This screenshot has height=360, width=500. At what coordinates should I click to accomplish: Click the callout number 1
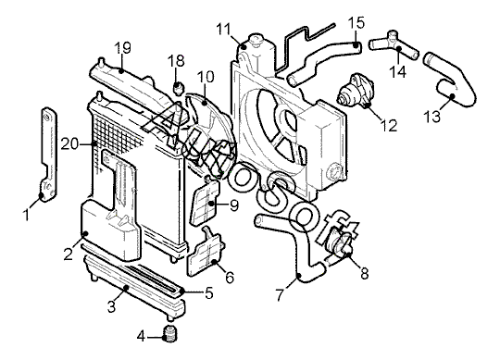coord(27,215)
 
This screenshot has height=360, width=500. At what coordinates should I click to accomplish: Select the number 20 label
coord(69,144)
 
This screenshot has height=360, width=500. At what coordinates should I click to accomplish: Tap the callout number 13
coord(432,116)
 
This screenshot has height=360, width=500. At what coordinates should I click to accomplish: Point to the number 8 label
coord(365,273)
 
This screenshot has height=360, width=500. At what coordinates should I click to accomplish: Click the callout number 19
coord(123,48)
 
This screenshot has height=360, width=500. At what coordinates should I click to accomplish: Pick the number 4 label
coord(142,336)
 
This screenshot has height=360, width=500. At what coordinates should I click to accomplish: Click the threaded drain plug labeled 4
coord(170,334)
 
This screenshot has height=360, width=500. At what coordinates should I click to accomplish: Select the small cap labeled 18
coord(179,88)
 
